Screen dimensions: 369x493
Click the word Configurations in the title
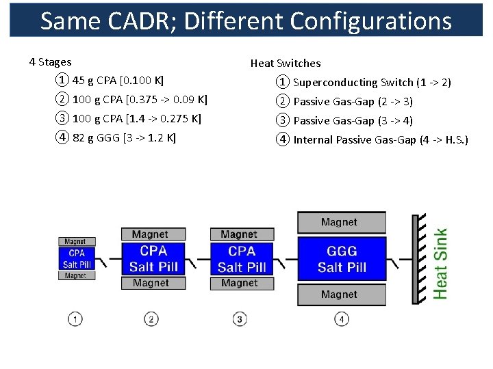click(370, 22)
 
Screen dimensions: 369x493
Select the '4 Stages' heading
click(50, 62)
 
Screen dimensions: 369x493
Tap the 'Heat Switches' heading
click(285, 64)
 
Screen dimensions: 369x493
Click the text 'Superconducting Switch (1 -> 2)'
click(372, 83)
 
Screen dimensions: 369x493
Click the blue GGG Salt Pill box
click(342, 260)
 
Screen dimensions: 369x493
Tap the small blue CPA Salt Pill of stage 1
click(77, 259)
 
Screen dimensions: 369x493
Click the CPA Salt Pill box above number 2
click(153, 259)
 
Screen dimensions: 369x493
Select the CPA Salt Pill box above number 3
click(242, 259)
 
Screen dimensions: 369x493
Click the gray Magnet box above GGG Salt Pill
click(341, 222)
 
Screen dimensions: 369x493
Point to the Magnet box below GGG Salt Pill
click(341, 295)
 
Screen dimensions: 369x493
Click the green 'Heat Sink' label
click(441, 263)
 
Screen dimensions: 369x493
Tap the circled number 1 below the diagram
click(75, 318)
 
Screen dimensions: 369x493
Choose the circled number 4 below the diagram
click(341, 318)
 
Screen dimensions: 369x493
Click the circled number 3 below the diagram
click(240, 318)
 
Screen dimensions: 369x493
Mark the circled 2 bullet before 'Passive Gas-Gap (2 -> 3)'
click(283, 102)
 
